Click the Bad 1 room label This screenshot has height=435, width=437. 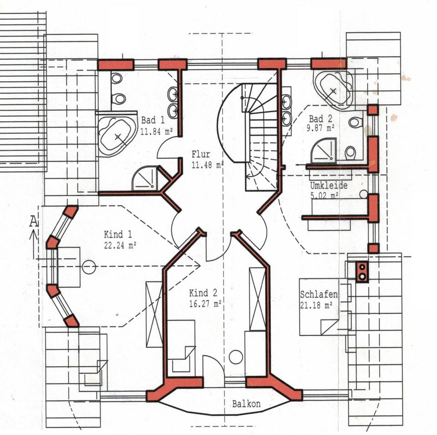(x=153, y=120)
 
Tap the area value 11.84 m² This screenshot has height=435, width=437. (x=156, y=131)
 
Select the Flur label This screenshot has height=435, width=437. (x=201, y=154)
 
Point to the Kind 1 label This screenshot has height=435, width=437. (x=118, y=234)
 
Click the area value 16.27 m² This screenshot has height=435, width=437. (x=205, y=304)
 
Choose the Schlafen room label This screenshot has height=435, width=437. (x=319, y=294)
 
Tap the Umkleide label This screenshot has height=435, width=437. (x=329, y=186)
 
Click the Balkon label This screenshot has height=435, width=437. (x=246, y=404)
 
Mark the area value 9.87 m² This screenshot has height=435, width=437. (x=320, y=128)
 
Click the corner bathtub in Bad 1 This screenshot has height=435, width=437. (x=117, y=136)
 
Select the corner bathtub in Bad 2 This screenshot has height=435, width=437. (x=334, y=89)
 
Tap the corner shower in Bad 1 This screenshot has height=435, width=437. (x=145, y=178)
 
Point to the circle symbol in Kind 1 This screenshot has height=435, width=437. (x=89, y=267)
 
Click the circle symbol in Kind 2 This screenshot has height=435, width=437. (x=236, y=357)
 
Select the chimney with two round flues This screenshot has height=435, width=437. (x=362, y=272)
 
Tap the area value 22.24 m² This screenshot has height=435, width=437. (x=120, y=245)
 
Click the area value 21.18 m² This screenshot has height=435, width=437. (x=316, y=305)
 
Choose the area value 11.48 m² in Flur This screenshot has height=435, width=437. (x=208, y=165)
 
